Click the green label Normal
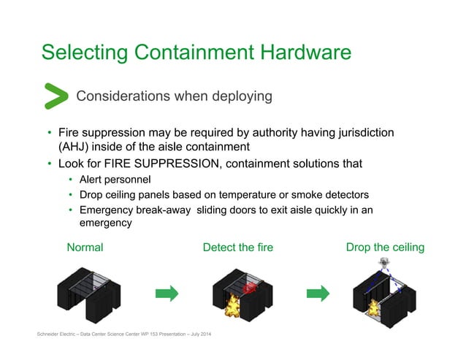click(x=85, y=248)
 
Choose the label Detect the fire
click(x=238, y=248)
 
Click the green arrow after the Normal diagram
click(x=168, y=294)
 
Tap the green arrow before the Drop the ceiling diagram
click(x=317, y=294)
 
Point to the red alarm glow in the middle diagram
click(x=251, y=288)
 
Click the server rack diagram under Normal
click(x=89, y=296)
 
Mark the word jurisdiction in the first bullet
click(x=364, y=132)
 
